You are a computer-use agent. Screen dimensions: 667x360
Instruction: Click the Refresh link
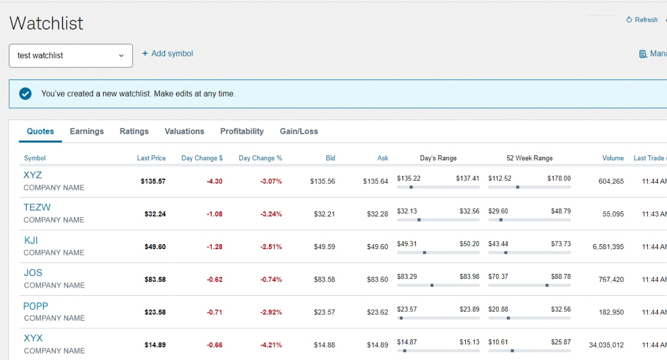[642, 20]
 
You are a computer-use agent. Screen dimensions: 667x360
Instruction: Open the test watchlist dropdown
[71, 56]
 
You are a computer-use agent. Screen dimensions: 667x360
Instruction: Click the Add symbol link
[168, 54]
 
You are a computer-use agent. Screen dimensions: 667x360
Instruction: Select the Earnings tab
[87, 131]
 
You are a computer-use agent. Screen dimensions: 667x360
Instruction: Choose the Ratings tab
[134, 131]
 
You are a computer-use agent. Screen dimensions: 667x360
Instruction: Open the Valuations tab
[184, 131]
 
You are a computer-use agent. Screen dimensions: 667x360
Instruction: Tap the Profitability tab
[242, 131]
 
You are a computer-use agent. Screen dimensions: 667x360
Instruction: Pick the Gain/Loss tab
[298, 131]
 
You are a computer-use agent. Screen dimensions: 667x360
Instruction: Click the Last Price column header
[151, 158]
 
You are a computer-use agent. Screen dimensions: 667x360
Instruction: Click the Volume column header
[613, 158]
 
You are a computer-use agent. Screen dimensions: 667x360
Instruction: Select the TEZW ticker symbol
[37, 207]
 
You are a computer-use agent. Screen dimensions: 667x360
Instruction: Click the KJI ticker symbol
[31, 240]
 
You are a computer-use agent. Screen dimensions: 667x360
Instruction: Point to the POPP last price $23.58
[155, 312]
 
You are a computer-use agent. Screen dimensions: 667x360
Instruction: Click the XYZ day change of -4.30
[214, 182]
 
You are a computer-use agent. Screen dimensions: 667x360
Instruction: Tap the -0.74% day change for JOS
[271, 279]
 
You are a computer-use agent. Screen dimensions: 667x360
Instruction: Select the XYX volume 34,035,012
[606, 345]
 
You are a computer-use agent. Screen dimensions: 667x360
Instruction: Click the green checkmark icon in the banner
[25, 94]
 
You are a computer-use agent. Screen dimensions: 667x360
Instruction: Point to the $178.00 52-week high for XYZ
[559, 178]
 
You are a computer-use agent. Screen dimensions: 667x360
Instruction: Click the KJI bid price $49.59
[324, 247]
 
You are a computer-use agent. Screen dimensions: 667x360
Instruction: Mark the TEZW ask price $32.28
[377, 214]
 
